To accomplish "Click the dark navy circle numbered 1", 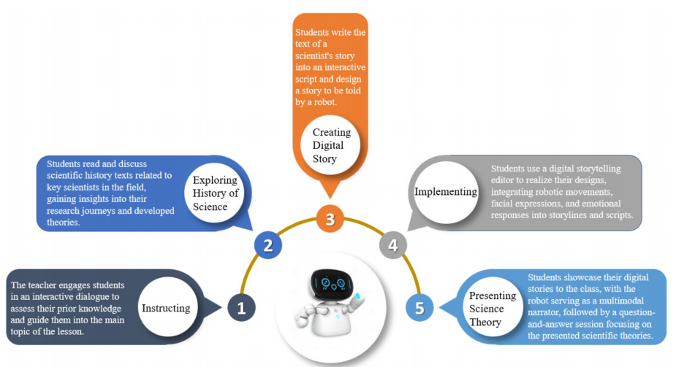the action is [241, 308].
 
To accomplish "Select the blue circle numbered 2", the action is [267, 245].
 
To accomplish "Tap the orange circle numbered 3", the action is [330, 219].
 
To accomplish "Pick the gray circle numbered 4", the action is [393, 245].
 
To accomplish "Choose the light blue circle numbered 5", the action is [419, 308].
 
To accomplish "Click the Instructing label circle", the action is [167, 307].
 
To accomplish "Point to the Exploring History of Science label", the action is [215, 193].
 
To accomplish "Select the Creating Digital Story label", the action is [330, 145].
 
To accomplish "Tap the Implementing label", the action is [446, 192].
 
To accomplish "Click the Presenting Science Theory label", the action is [493, 308].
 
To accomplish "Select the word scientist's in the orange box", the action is [324, 55].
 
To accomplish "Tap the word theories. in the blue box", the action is [64, 223].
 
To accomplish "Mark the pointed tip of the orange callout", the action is [330, 198].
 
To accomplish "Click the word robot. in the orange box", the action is [322, 102].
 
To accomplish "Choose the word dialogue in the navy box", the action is [99, 297].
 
